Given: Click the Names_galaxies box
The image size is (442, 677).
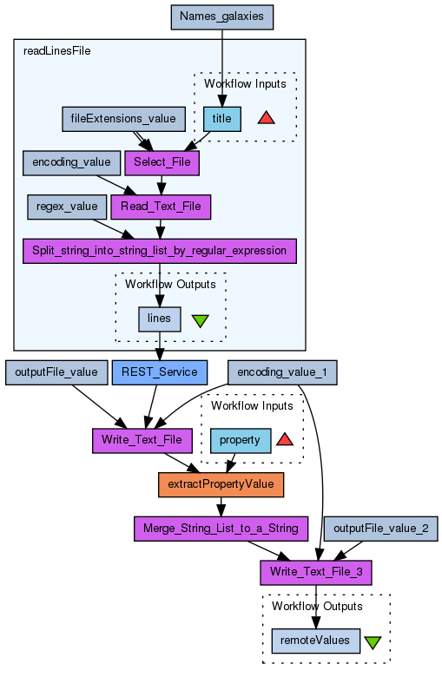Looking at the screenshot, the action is pos(222,17).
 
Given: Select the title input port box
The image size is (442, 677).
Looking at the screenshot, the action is pos(222,119).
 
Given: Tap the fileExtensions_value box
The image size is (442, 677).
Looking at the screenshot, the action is pos(123,119).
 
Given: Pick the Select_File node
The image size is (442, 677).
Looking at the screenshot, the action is pos(162,163).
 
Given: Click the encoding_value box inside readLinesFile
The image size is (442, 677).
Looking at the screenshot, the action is pos(72,163).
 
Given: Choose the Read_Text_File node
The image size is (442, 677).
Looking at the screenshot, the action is pos(161,207).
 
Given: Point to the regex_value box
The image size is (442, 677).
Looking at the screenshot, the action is pos(67,207).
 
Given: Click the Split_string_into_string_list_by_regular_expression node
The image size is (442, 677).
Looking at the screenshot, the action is pos(160,251).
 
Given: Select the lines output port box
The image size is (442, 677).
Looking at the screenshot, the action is pos(160,319).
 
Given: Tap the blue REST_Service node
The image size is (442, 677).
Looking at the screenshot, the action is pos(160,372).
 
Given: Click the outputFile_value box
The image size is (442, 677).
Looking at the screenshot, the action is pos(56,372).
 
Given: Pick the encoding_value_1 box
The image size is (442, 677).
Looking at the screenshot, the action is pos(282,372).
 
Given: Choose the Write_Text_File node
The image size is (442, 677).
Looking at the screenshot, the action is pos(142,440).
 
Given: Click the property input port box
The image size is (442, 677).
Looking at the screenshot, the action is pos(241,440).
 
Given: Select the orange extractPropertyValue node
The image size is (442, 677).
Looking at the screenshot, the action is pos(221,484).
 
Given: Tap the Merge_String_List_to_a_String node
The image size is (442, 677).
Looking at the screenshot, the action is pos(221,529).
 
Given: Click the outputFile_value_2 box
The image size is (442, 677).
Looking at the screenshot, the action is pos(381,529).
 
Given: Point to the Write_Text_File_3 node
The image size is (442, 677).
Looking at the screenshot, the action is pos(316,573).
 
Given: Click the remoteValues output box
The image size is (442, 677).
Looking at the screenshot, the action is pos(316,641).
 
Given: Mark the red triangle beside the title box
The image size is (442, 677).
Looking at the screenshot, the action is pos(266,118).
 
